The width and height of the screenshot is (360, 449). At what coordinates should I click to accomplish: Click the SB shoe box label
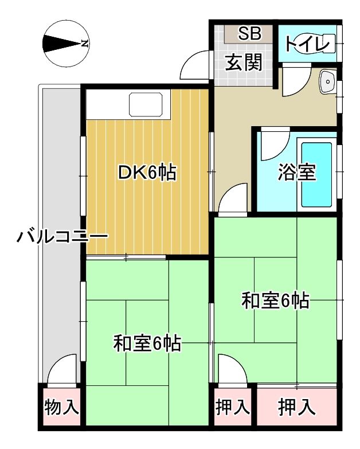(x=249, y=33)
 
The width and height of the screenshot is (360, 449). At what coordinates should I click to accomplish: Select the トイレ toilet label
(x=307, y=44)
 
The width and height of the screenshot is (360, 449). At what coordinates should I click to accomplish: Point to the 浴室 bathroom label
(x=297, y=172)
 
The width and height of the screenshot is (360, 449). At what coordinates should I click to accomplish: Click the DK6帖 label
(x=147, y=172)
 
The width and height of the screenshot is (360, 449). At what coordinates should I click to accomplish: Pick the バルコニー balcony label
(x=62, y=236)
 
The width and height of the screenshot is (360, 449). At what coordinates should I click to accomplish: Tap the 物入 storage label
(x=61, y=407)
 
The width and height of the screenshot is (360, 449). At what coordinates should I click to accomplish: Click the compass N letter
(x=84, y=44)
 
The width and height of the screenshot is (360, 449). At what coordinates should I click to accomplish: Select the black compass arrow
(x=61, y=44)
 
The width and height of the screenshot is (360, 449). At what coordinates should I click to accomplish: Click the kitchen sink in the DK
(x=146, y=104)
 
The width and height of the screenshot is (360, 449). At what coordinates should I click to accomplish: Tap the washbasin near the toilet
(x=328, y=81)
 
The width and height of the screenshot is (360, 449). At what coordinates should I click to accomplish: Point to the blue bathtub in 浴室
(x=316, y=175)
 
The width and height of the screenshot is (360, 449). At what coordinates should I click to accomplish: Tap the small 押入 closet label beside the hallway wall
(x=233, y=407)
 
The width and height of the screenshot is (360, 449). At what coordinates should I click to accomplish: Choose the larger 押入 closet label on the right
(x=297, y=407)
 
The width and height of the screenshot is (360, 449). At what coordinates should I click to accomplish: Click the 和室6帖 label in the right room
(x=275, y=300)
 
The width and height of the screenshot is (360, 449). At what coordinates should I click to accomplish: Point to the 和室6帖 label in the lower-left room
(x=147, y=343)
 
